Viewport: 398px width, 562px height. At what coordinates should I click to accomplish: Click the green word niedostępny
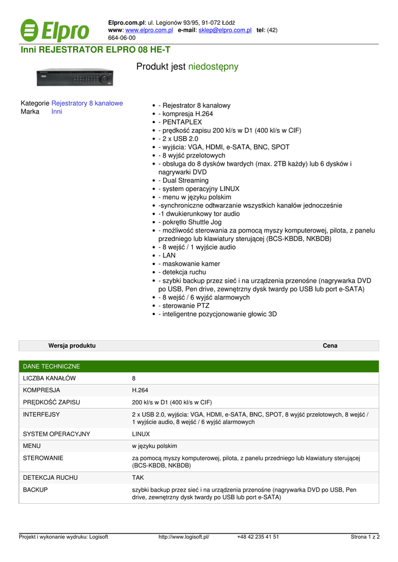(213, 67)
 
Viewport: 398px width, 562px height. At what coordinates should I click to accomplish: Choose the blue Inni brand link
(57, 111)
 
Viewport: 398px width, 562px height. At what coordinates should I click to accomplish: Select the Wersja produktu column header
(72, 346)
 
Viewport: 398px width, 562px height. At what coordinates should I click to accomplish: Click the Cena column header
(330, 346)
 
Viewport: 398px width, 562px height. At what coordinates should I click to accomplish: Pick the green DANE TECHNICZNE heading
(52, 366)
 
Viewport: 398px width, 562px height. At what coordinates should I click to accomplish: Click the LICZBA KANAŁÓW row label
(49, 379)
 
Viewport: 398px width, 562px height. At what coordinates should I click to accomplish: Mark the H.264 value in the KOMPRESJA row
(139, 390)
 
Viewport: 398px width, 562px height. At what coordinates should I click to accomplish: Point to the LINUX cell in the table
(141, 434)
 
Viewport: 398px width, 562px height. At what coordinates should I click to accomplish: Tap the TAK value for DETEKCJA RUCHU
(138, 478)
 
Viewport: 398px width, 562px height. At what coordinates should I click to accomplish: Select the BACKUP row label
(35, 489)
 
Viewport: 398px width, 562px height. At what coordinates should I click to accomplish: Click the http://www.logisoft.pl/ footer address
(184, 537)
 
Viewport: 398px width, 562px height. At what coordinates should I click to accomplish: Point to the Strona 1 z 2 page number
(365, 537)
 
